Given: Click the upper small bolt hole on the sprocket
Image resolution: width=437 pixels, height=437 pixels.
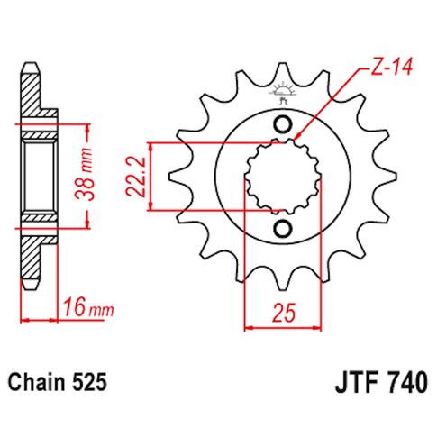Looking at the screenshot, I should pos(283,124).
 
